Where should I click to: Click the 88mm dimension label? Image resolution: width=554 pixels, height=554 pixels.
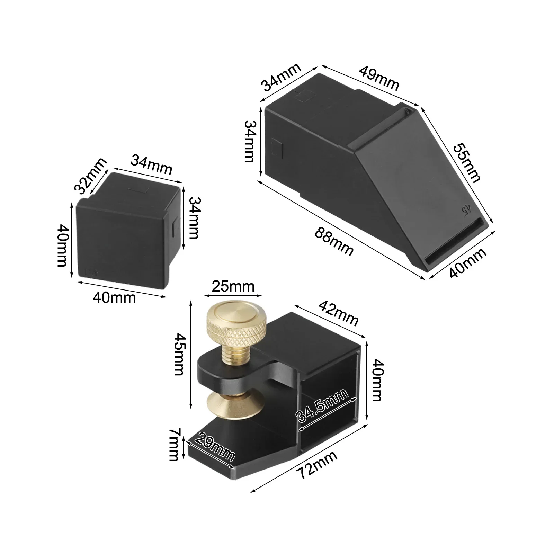coord(334,242)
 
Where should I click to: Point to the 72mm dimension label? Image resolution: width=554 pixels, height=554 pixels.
coord(318,465)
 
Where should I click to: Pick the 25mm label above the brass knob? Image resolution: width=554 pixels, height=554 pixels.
coord(233,287)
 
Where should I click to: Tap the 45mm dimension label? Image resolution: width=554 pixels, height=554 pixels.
coord(179,354)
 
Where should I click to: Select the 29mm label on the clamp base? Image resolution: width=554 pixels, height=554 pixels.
coord(215,447)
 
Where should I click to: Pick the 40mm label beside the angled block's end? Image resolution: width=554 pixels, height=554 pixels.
coord(468,263)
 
